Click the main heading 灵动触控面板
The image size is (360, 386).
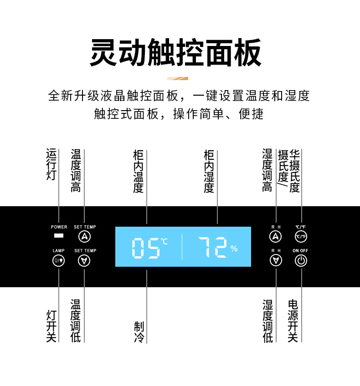(x=175, y=52)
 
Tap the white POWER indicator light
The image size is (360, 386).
(x=59, y=236)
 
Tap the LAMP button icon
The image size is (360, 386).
(x=59, y=260)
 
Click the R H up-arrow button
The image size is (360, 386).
(x=276, y=236)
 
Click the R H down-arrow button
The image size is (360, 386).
(x=276, y=260)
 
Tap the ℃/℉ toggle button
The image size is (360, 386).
(x=301, y=236)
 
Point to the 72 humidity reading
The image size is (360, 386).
(x=212, y=248)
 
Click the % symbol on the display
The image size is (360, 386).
(x=234, y=249)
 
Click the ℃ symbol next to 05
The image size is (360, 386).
(x=164, y=241)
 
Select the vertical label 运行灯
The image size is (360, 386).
(x=51, y=164)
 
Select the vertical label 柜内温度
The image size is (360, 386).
(x=139, y=172)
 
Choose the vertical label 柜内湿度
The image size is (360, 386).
(x=209, y=172)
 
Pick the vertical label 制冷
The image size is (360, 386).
(x=139, y=332)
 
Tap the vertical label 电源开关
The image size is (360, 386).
(x=293, y=320)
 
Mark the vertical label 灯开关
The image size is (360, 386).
(x=51, y=326)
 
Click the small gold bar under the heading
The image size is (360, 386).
(x=177, y=78)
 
